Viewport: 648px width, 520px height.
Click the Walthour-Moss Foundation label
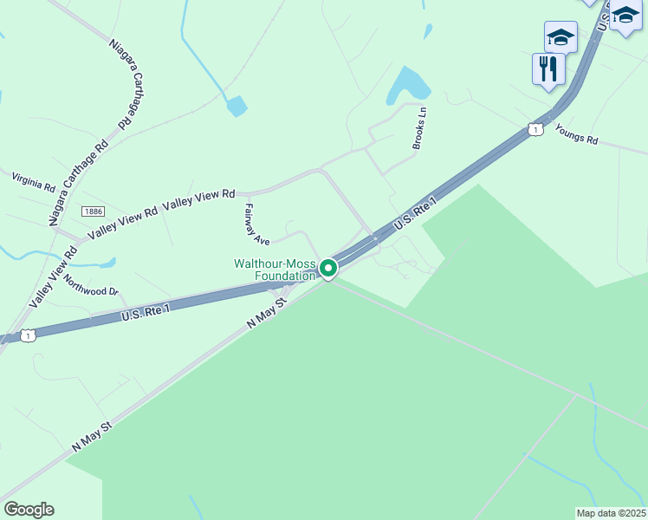tap(275, 270)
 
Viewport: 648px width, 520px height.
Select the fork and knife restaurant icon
tap(548, 68)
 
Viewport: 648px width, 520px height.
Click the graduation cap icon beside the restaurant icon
tap(561, 37)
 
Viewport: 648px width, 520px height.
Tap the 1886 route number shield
tap(94, 212)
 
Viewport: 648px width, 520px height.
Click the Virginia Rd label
tap(33, 181)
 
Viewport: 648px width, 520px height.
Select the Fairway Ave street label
tap(258, 223)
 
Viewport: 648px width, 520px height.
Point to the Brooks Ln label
tap(419, 128)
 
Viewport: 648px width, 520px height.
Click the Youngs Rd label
tap(577, 134)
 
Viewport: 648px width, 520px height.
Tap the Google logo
tap(29, 510)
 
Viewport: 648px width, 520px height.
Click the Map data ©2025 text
tap(612, 512)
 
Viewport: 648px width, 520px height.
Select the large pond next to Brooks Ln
tap(409, 85)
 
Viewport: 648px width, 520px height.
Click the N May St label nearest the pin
tap(267, 309)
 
